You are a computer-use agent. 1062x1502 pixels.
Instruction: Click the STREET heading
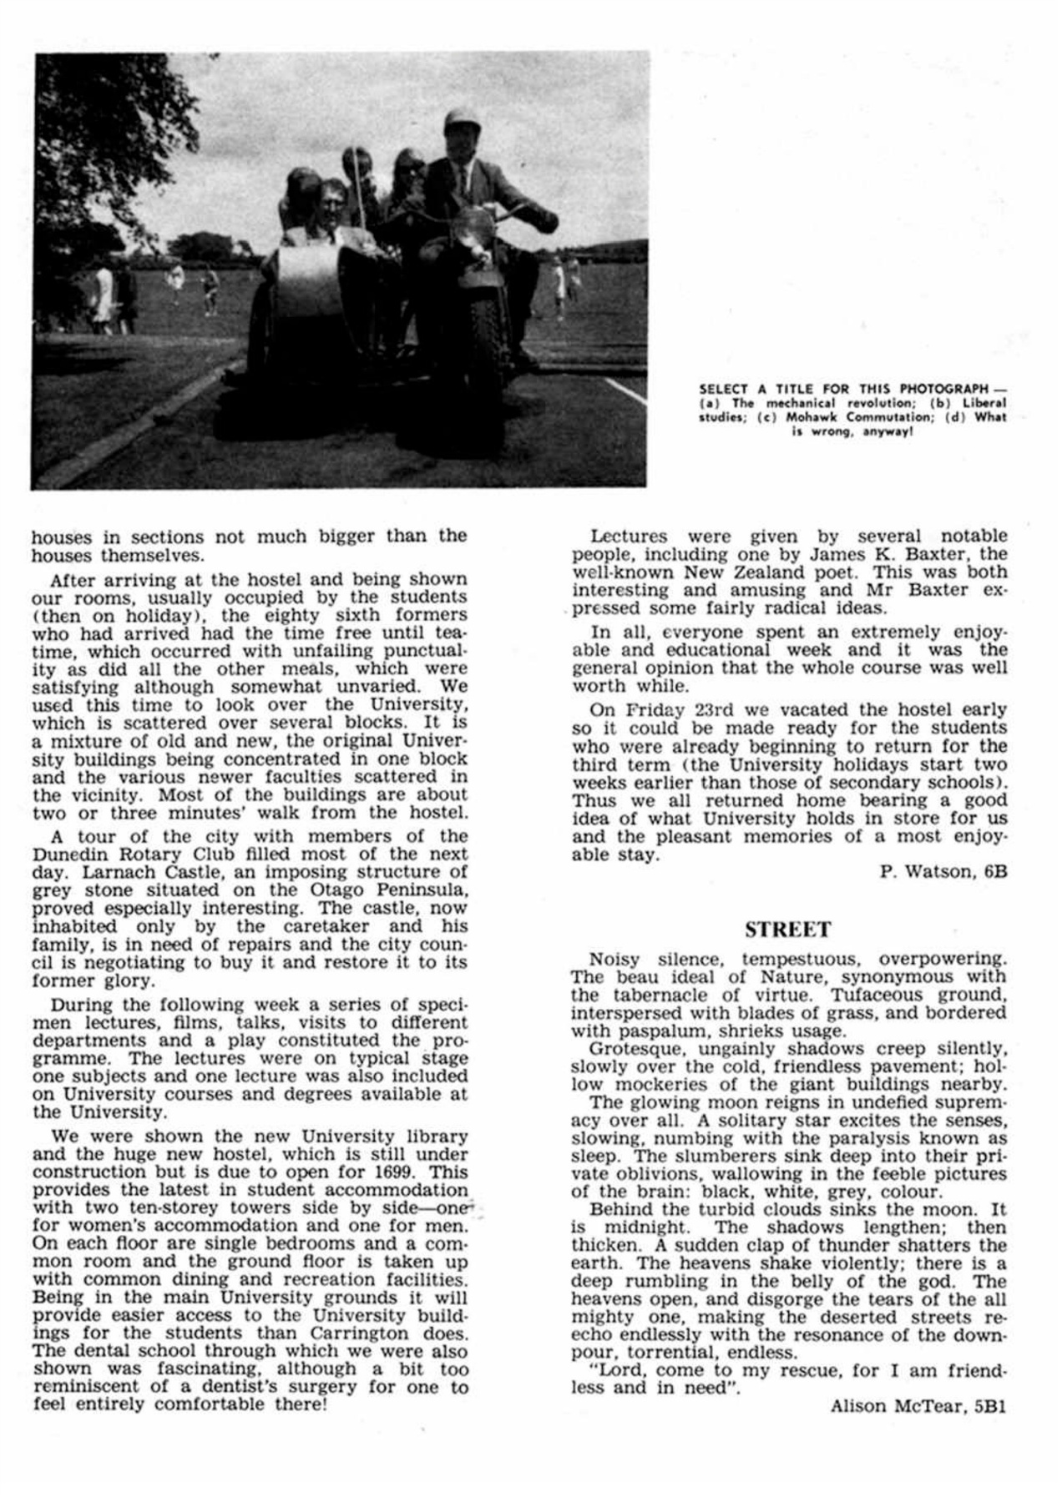coord(787,930)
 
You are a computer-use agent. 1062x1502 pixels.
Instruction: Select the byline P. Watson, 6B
coord(943,872)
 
